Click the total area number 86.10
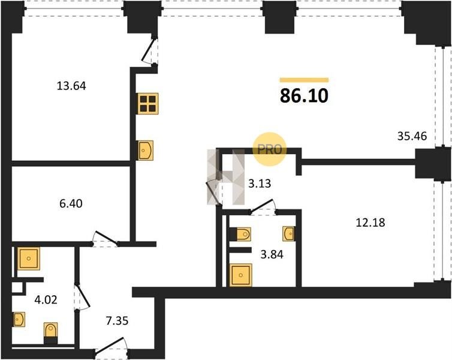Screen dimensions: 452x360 click(x=304, y=96)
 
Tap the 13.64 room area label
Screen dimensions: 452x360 click(x=71, y=86)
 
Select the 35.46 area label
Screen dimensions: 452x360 click(x=412, y=136)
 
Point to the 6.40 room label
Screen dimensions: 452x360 click(x=71, y=203)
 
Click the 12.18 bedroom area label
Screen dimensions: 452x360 click(x=370, y=223)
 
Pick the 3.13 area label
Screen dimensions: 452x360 click(x=260, y=184)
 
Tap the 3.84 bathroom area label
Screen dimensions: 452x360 click(x=272, y=255)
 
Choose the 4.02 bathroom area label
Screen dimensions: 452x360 click(x=46, y=300)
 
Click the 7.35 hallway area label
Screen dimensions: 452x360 click(x=117, y=321)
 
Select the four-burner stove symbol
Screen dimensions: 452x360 click(x=148, y=104)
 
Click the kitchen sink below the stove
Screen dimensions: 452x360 click(x=146, y=150)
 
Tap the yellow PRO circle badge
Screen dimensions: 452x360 click(x=269, y=149)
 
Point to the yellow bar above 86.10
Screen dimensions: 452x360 click(x=304, y=80)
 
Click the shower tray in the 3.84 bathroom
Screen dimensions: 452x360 click(x=241, y=275)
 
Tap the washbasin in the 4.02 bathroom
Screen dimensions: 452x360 click(x=19, y=319)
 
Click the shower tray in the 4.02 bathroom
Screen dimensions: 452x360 click(x=29, y=259)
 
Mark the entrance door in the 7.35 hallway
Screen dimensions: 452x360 click(x=111, y=345)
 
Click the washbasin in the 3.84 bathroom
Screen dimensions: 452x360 click(x=288, y=233)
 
